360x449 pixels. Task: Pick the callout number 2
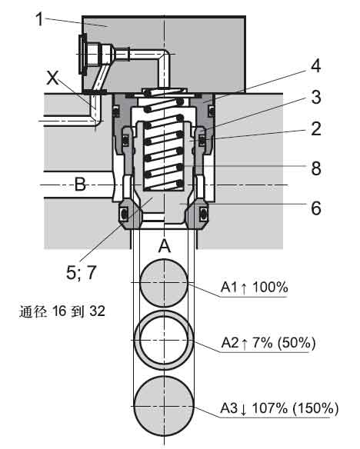point(315,130)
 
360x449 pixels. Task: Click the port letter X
point(53,78)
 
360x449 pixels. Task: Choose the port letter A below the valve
point(165,246)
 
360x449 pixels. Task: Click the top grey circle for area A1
point(164,283)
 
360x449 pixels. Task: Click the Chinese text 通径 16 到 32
point(60,312)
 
